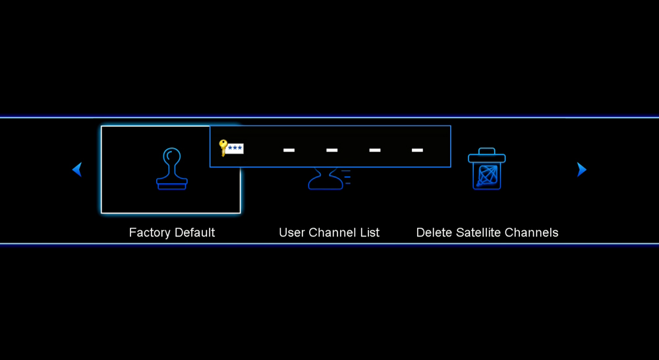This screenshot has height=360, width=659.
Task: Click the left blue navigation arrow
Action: tap(77, 169)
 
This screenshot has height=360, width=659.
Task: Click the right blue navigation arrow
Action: tap(582, 169)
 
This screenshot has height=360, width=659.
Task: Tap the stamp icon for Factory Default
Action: tap(171, 169)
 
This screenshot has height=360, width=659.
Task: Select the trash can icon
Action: tap(487, 169)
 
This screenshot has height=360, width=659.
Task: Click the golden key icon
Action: tap(223, 148)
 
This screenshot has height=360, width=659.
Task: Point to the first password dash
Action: tap(289, 150)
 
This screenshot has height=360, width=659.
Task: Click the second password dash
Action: tap(331, 150)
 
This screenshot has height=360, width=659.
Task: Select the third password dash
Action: tap(374, 150)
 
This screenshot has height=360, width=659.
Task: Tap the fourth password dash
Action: tap(417, 150)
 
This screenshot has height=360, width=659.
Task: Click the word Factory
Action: tap(150, 233)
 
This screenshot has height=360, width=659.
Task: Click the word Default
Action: tap(194, 233)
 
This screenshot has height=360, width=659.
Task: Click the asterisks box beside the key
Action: tap(235, 148)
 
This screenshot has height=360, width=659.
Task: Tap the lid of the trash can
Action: tap(487, 155)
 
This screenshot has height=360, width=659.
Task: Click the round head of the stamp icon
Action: tap(172, 156)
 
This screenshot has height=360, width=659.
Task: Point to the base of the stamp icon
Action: tap(172, 184)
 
